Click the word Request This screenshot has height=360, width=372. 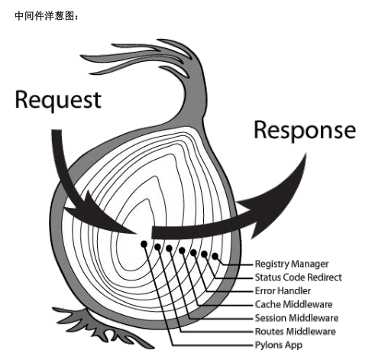[x=58, y=100]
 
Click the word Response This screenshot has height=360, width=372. [x=305, y=131]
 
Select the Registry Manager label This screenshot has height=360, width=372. [x=292, y=264]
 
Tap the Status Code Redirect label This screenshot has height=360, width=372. [x=298, y=277]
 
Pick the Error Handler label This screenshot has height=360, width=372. [x=283, y=290]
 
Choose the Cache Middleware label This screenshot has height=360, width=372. [x=293, y=304]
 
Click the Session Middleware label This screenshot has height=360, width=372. [x=296, y=318]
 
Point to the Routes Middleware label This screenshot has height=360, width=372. [x=296, y=332]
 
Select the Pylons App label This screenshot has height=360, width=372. [x=279, y=345]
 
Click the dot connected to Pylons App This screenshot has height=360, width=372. [x=144, y=244]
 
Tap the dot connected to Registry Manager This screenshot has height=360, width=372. [x=215, y=256]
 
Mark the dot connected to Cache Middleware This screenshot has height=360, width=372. [x=182, y=251]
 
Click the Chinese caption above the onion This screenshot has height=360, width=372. [x=47, y=16]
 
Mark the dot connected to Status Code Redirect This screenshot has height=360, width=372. [x=204, y=254]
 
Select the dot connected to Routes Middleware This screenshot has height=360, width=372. [x=157, y=247]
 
